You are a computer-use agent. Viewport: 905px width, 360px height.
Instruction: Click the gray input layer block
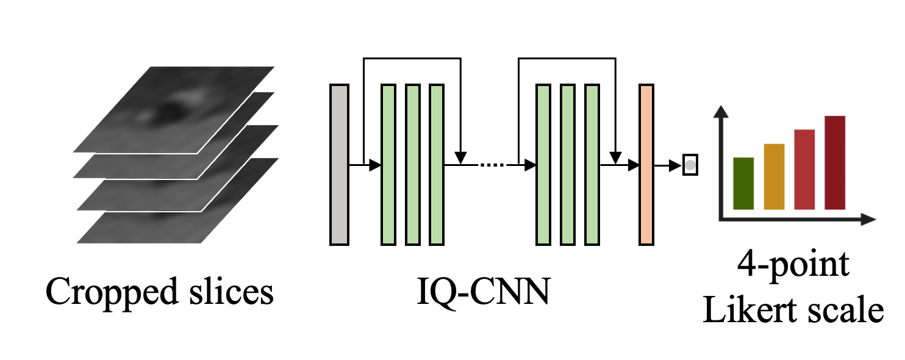pyautogui.click(x=339, y=165)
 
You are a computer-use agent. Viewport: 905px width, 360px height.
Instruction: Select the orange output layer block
pyautogui.click(x=646, y=165)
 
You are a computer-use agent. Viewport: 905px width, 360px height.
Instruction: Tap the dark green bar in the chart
pyautogui.click(x=743, y=183)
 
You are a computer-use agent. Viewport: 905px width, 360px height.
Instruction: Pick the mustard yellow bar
pyautogui.click(x=773, y=176)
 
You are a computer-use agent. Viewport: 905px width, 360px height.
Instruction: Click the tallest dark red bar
pyautogui.click(x=835, y=162)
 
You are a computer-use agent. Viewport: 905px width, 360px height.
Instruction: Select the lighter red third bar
pyautogui.click(x=804, y=170)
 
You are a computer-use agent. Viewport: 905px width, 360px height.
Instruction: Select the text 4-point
pyautogui.click(x=793, y=266)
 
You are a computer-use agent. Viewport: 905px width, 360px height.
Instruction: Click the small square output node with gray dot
pyautogui.click(x=689, y=165)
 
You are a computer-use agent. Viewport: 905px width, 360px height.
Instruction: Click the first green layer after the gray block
pyautogui.click(x=388, y=165)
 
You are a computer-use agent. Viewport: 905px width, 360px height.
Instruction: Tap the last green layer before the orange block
pyautogui.click(x=592, y=165)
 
